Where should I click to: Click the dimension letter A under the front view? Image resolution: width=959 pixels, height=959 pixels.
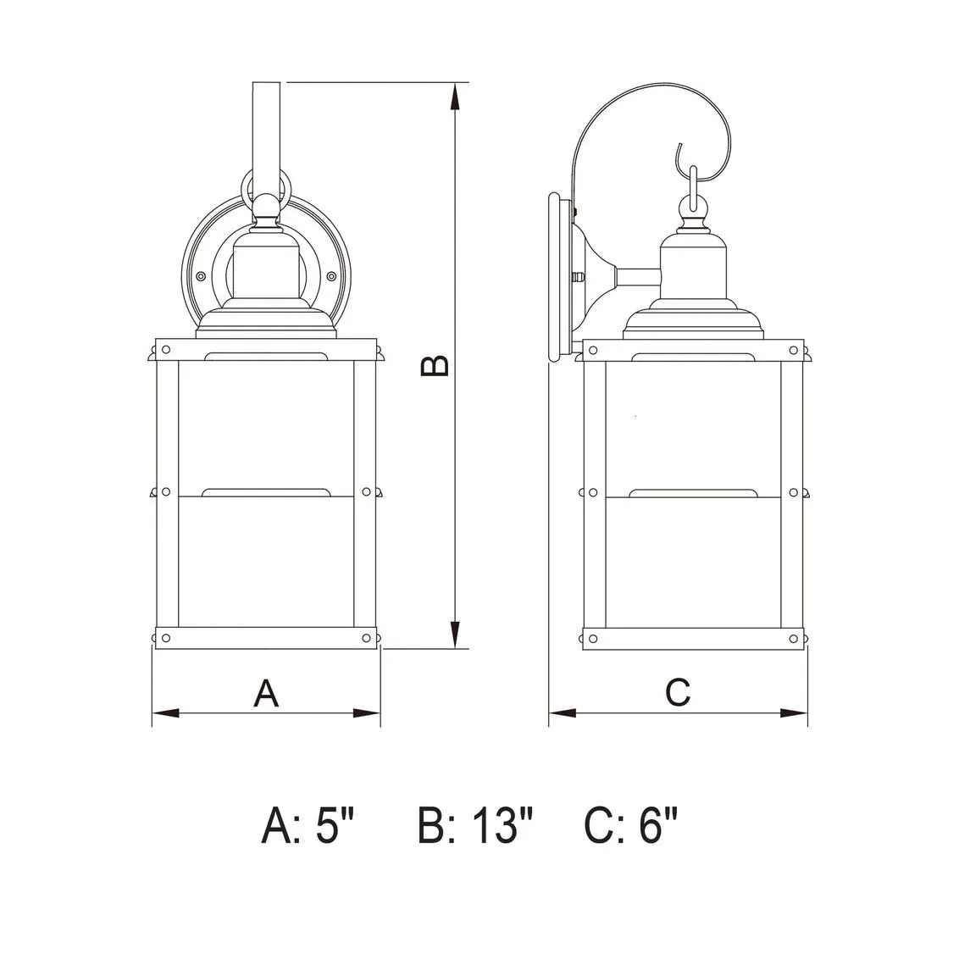coord(266,693)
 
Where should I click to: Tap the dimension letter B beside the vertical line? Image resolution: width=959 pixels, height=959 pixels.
coord(435,366)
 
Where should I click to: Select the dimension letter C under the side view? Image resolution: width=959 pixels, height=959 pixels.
coord(678,692)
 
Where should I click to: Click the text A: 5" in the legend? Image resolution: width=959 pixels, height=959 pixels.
coord(308,825)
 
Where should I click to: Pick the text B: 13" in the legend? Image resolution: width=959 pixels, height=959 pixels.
coord(475,825)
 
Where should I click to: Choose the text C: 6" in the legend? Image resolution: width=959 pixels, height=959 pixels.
coord(631,825)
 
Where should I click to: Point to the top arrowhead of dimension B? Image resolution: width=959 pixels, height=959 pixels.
coord(454,96)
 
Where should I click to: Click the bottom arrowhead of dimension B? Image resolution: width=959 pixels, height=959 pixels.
coord(454,635)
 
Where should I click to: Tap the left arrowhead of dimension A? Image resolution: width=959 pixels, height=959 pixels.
coord(166,713)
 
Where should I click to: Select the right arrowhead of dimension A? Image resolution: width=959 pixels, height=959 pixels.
coord(367,713)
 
